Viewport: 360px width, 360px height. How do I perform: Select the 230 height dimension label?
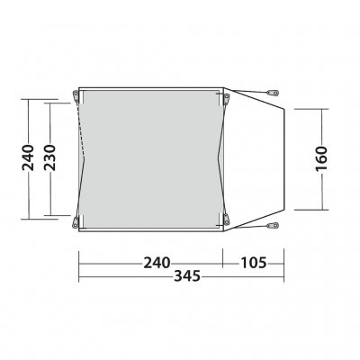click(55, 158)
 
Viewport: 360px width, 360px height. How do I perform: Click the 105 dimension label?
click(255, 263)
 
